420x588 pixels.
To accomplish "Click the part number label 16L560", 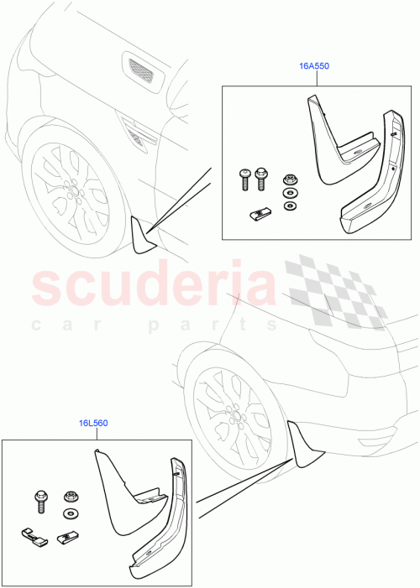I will click(93, 423).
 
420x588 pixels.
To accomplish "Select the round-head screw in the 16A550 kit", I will click(242, 178).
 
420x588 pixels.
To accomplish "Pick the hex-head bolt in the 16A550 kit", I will click(260, 177).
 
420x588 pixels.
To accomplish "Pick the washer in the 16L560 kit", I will click(69, 513).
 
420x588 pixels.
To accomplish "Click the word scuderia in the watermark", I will click(156, 287).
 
